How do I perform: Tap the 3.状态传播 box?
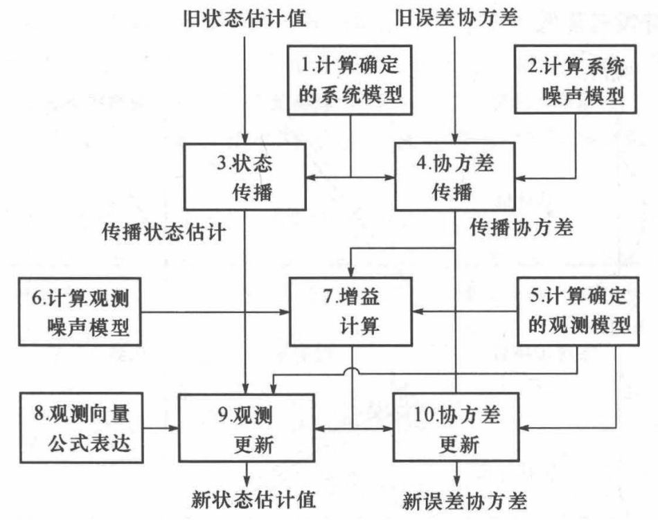tap(244, 176)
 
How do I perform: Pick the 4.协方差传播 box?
tap(454, 176)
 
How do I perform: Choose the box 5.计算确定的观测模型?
tap(577, 311)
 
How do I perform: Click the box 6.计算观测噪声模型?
tap(81, 311)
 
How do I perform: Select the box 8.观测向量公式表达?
tap(81, 427)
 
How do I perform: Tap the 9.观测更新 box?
tap(247, 427)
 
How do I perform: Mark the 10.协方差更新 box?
tap(456, 427)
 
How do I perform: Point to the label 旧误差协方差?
tap(456, 15)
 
